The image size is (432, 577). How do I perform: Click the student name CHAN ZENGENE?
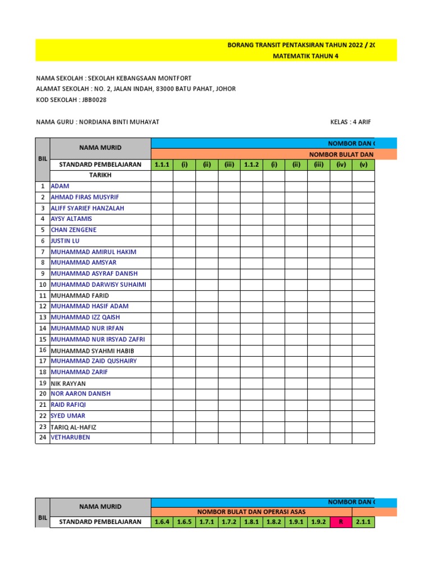74,230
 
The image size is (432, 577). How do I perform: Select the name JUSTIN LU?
65,241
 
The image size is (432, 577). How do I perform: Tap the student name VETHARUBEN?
70,437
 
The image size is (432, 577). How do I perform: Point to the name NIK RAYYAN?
68,383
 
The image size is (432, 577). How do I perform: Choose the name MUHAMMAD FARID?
80,295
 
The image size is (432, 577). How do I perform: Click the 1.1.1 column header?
161,165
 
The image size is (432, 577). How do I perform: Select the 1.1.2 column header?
251,165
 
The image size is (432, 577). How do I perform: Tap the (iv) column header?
340,165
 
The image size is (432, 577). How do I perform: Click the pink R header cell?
340,522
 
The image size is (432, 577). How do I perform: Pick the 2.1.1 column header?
363,522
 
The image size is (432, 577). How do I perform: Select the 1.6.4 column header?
161,522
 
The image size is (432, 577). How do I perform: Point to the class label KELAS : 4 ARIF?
350,122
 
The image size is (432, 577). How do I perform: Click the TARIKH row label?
100,175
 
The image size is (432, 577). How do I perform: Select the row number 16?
42,350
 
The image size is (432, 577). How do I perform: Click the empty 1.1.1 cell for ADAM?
161,186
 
